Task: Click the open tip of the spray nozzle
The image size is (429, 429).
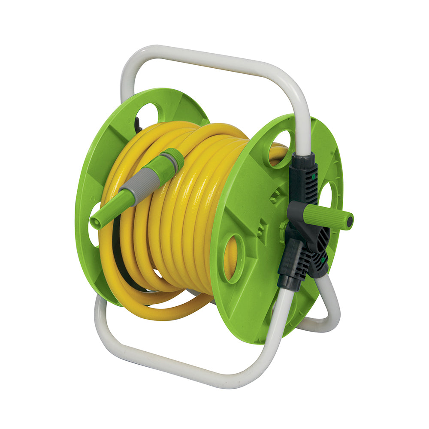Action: pos(95,223)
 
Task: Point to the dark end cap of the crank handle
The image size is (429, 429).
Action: pos(350,221)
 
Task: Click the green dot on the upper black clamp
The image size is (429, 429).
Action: pos(314,176)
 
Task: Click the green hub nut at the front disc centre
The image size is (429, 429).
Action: pos(284,226)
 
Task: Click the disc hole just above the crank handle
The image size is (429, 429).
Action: pos(329,195)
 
